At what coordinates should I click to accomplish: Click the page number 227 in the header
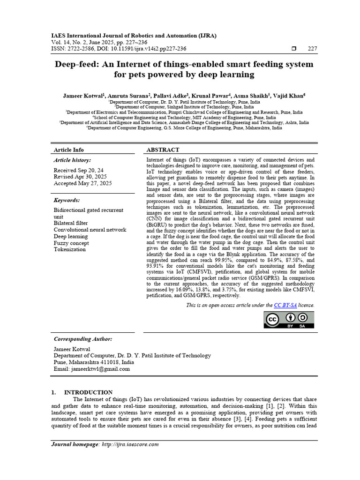point(312,49)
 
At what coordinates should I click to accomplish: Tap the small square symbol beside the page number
point(294,49)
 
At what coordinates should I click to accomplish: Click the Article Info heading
point(69,150)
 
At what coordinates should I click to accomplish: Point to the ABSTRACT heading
point(163,150)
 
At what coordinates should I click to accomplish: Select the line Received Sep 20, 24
point(79,170)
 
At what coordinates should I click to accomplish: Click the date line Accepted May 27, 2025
point(82,183)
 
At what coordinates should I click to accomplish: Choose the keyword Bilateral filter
point(71,224)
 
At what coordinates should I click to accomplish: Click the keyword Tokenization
point(70,249)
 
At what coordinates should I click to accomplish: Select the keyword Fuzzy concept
point(71,243)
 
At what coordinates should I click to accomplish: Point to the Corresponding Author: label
point(83,339)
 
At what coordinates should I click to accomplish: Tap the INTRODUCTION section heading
point(88,392)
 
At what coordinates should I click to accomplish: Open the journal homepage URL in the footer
point(130,444)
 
